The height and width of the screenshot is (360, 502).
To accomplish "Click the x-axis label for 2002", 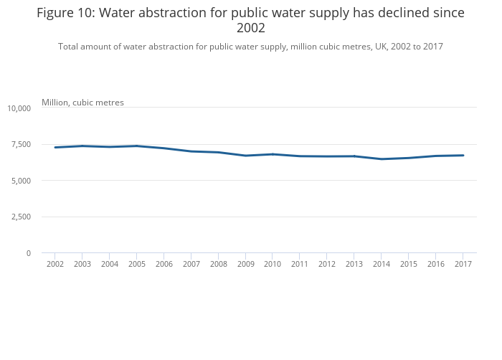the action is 55,264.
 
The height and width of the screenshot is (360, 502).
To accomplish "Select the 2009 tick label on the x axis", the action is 245,264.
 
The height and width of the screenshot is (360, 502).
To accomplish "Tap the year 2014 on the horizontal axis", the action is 382,264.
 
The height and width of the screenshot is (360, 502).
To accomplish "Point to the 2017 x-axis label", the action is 463,264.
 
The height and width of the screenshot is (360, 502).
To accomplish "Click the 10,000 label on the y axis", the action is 19,108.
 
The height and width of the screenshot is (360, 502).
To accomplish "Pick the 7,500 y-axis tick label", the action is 21,144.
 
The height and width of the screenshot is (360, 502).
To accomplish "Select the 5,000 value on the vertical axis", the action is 21,181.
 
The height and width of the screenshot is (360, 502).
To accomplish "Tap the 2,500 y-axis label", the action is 21,217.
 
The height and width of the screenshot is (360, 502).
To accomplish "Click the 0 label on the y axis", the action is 29,253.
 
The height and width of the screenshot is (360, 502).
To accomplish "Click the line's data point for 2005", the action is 137,146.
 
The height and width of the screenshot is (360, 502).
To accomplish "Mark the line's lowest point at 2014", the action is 382,159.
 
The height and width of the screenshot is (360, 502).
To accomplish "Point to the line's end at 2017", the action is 463,156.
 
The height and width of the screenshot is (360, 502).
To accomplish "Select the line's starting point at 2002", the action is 55,147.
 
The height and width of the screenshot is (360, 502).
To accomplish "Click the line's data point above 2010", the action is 273,154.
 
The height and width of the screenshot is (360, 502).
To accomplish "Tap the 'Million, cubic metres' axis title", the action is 82,103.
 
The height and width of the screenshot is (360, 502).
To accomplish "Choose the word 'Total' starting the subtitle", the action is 68,47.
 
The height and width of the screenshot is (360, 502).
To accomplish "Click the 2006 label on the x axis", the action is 164,264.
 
